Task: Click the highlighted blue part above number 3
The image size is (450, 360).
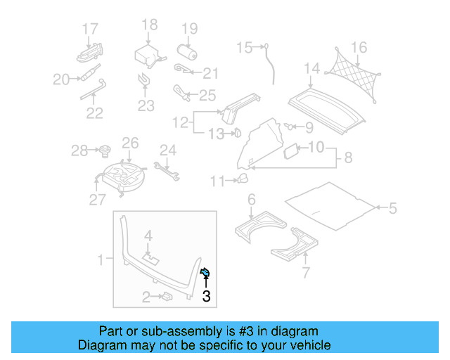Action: point(205,273)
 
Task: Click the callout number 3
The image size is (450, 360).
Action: point(206,297)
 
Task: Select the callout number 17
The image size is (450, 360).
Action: point(90,29)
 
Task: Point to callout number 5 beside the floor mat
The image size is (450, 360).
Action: point(392,207)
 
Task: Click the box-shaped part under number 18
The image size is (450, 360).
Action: point(148,56)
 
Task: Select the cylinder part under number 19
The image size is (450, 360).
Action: point(188,52)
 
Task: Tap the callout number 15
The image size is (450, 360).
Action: point(243,48)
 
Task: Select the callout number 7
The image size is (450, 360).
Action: point(305,271)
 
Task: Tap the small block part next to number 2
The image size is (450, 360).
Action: point(168,297)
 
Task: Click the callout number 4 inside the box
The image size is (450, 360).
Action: point(148,235)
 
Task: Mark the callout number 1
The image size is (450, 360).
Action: point(100,260)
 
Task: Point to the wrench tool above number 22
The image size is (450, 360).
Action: point(92,89)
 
